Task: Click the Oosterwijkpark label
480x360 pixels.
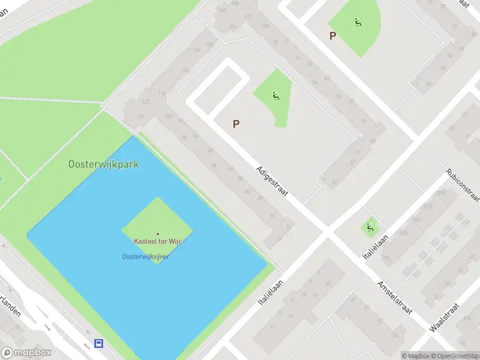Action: point(103,164)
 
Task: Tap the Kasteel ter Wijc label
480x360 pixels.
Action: point(158,241)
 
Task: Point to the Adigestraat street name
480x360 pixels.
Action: point(272,182)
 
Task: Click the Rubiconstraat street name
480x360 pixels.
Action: point(463,186)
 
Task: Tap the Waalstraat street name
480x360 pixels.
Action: point(445,318)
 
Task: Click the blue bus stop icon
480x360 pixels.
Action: point(98,344)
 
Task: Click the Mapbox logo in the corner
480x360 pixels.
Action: point(26,353)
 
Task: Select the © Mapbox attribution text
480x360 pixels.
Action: point(416,356)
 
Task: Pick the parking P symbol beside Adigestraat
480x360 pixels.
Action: point(236,124)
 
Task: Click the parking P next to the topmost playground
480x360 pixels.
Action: point(332,35)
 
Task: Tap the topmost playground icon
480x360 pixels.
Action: point(358,23)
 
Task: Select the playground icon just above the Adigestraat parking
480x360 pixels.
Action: point(275,95)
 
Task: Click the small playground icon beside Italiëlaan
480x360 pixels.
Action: point(370,227)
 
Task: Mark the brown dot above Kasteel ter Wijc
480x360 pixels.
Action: point(158,234)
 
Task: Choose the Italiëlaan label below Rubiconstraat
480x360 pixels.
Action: point(376,247)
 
